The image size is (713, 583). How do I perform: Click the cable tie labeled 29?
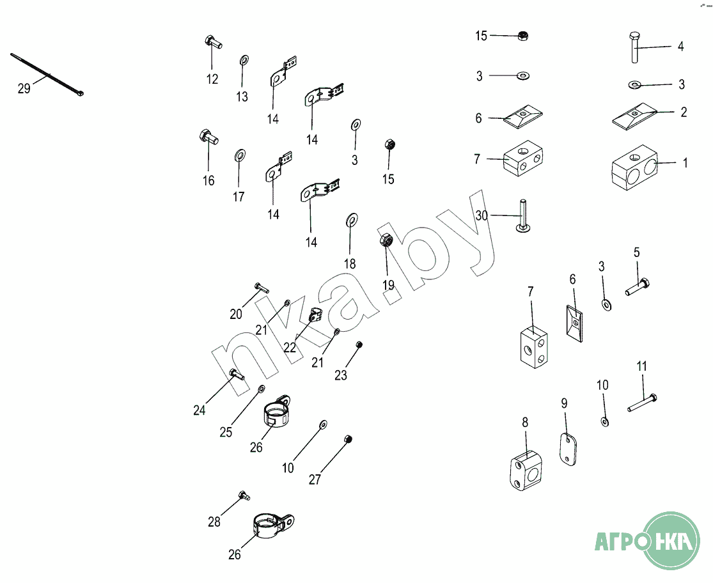(47, 75)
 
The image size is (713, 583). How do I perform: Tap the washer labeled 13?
(244, 61)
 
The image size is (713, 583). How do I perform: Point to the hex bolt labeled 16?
(208, 137)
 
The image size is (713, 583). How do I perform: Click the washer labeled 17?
(239, 155)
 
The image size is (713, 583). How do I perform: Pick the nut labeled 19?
(386, 239)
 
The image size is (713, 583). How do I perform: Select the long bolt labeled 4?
(635, 47)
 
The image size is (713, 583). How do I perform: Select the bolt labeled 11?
(642, 403)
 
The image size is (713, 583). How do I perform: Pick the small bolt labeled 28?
(244, 495)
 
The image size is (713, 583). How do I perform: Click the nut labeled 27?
(348, 439)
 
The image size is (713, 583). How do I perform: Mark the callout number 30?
(481, 215)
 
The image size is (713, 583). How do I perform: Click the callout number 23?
(341, 375)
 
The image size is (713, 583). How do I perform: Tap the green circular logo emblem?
(673, 540)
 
